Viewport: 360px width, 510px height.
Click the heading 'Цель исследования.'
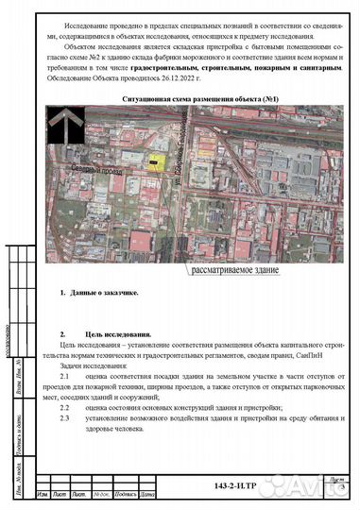coord(111,335)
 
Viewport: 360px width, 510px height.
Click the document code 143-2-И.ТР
coord(235,485)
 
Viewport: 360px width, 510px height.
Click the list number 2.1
coord(64,376)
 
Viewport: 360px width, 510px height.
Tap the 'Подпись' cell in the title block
coord(125,495)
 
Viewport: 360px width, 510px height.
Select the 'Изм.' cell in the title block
coord(43,495)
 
